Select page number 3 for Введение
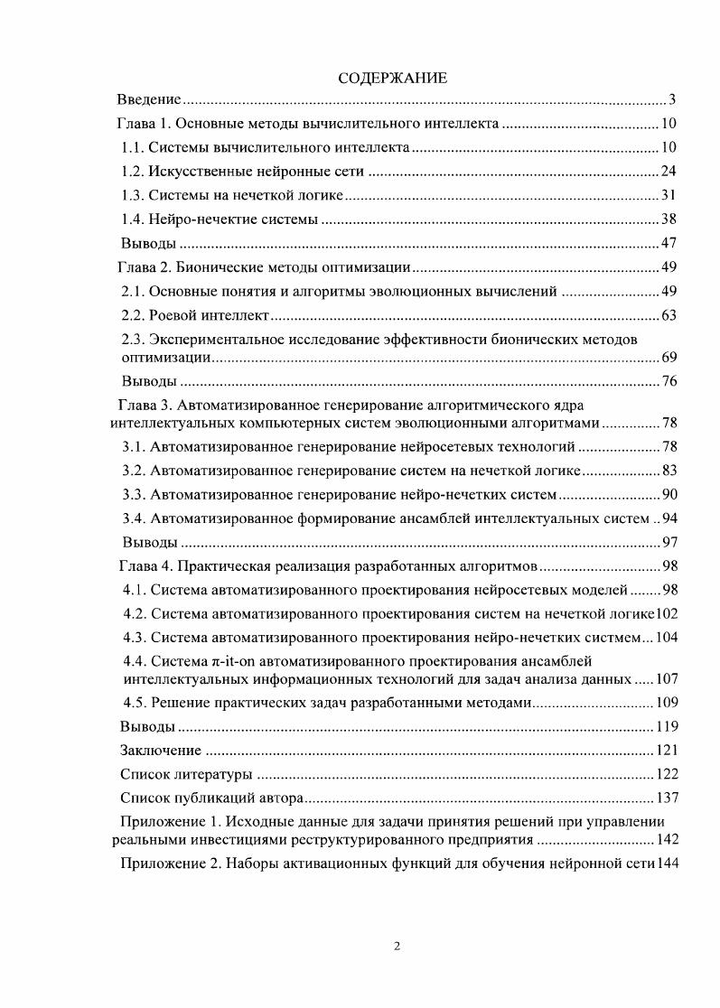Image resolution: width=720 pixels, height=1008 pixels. point(673,99)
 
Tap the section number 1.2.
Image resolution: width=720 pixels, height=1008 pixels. point(134,171)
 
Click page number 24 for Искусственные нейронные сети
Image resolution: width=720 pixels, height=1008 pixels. point(669,171)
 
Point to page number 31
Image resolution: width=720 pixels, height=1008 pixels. point(669,194)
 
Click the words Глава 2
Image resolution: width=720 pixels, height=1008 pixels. point(145,266)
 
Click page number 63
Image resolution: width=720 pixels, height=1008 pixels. point(669,314)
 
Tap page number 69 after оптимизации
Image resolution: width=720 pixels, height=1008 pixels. point(669,358)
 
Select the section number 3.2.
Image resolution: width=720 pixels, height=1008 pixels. point(134,471)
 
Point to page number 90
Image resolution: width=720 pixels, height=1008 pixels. point(669,494)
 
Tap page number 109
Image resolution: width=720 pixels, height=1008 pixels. point(666,703)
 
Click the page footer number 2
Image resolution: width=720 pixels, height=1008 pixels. point(397,946)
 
